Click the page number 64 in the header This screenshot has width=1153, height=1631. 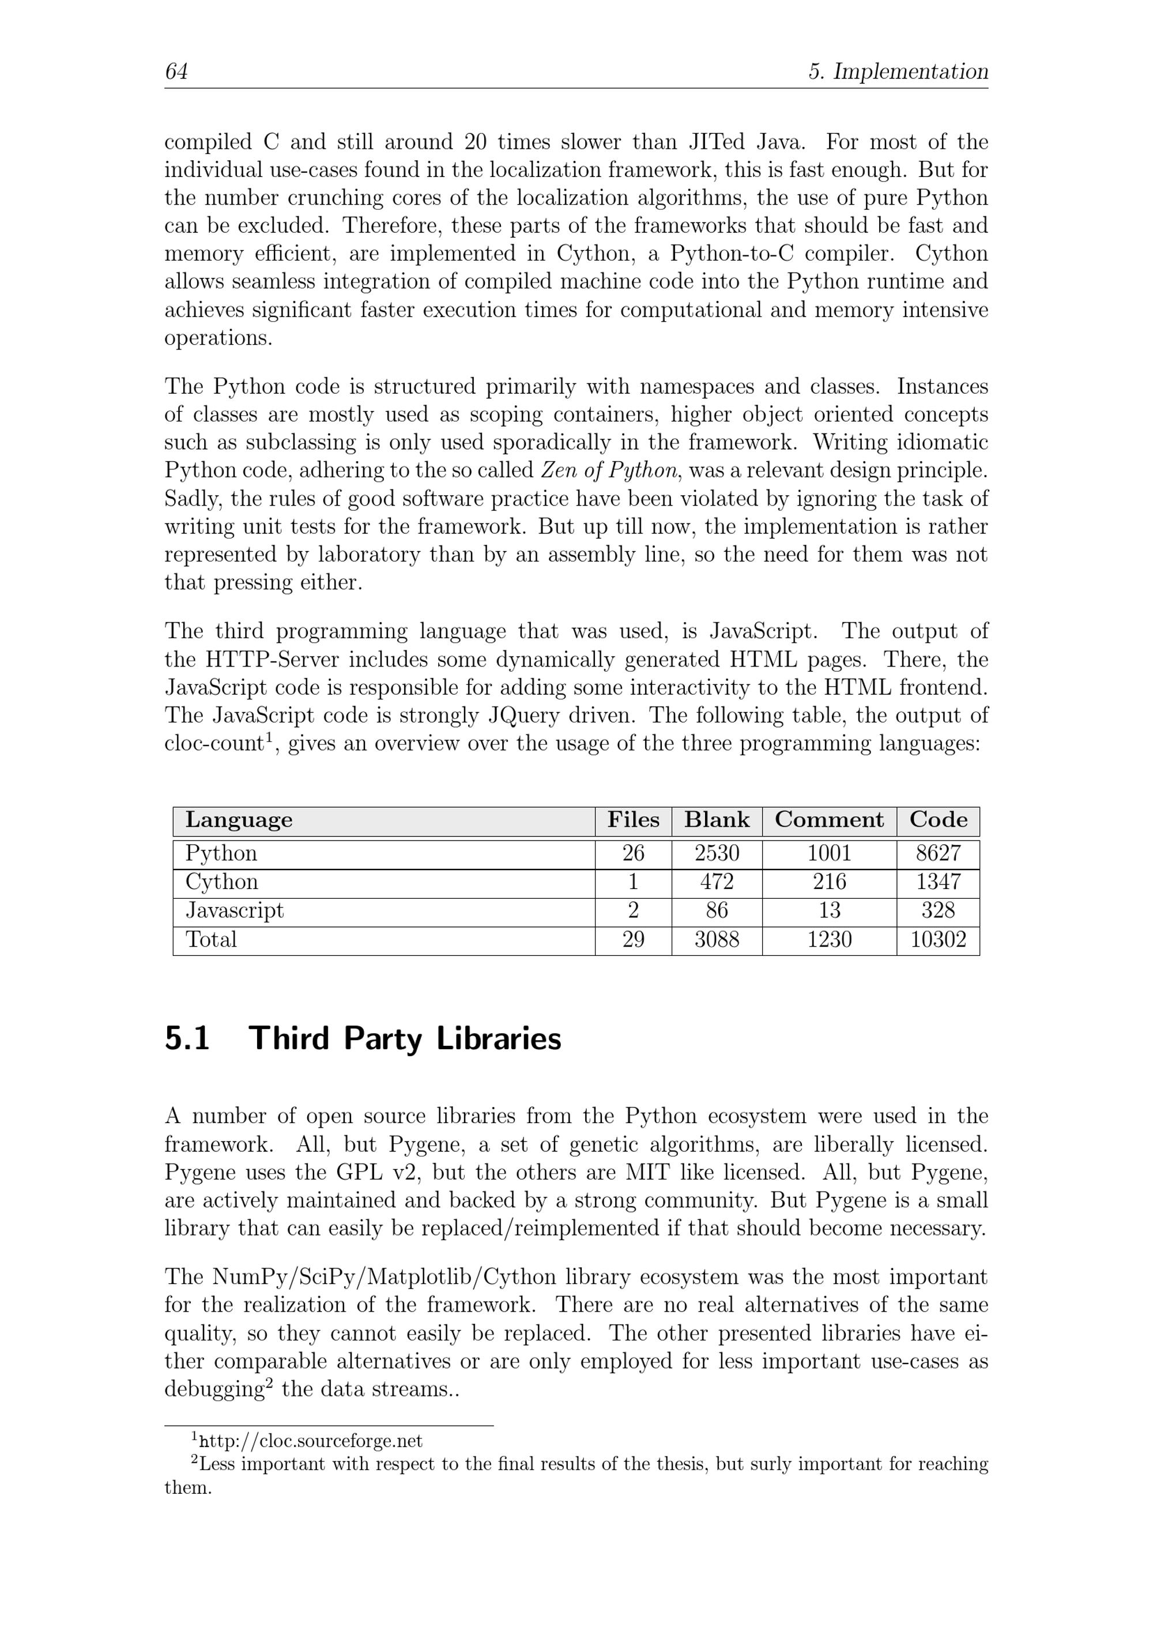pos(176,71)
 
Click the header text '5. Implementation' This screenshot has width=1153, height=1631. pos(898,71)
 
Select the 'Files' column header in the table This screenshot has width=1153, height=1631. pos(633,820)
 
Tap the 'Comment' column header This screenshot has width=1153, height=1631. pos(829,820)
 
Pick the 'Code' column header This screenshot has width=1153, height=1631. pos(938,820)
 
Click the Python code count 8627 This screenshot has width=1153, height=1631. pos(938,853)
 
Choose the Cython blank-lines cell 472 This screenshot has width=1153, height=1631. pos(716,882)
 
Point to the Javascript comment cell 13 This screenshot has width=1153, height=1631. pos(829,911)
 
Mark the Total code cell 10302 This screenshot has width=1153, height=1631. pos(938,940)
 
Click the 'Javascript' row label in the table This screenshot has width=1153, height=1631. pos(235,911)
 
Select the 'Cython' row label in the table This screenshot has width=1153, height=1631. pos(221,882)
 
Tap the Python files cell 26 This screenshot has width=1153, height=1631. pos(633,853)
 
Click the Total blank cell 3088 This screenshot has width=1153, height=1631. pos(716,940)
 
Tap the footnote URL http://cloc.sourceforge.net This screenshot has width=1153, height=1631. pos(311,1441)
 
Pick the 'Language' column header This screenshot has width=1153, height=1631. pos(239,820)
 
